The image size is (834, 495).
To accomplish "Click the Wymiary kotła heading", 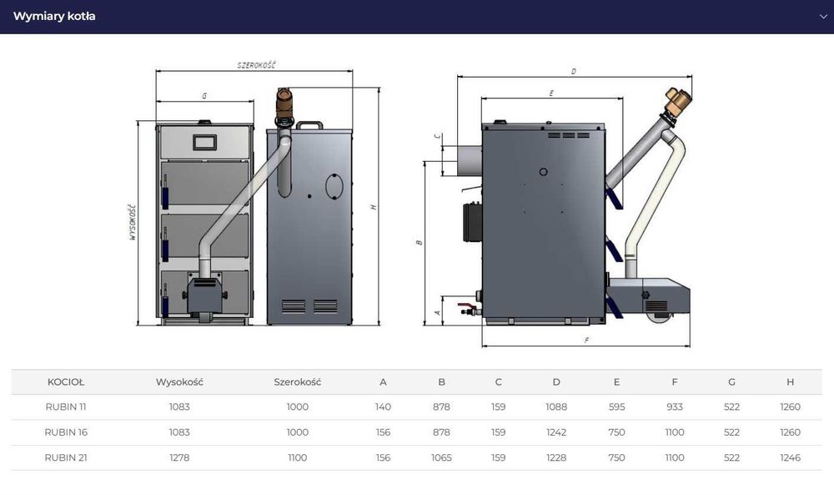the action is (x=54, y=16).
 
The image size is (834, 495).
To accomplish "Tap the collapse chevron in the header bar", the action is (x=823, y=17).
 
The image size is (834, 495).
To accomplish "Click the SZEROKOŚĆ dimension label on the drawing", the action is (x=256, y=65).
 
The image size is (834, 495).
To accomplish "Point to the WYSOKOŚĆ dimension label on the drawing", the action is (x=133, y=222).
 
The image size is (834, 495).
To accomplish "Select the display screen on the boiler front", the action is (x=205, y=142).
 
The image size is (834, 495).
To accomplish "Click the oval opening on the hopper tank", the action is (x=334, y=186).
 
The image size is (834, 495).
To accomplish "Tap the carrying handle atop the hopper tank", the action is (x=309, y=125).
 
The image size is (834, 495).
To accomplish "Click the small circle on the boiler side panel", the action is (x=543, y=172).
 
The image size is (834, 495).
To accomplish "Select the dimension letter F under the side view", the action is (x=586, y=340).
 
